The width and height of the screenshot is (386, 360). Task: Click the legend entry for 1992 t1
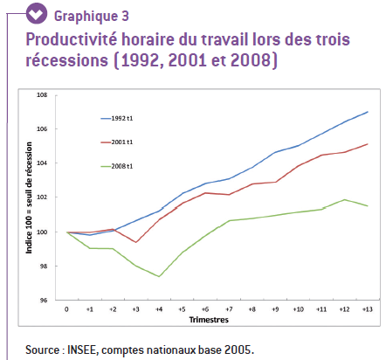117,119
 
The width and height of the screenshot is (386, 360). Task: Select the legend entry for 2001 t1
117,142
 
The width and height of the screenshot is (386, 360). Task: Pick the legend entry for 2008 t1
117,166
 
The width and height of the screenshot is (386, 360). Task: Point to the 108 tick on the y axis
42,95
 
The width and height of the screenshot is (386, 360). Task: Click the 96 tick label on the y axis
44,300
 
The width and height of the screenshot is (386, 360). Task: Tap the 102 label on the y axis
42,197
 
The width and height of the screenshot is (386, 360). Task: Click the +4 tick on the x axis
159,309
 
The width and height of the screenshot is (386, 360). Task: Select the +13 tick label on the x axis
368,309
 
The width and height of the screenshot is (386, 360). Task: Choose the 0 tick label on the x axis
66,309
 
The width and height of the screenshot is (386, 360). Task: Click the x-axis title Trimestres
209,320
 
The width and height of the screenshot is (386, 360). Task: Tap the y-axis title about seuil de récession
29,197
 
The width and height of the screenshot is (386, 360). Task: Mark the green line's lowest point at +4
159,276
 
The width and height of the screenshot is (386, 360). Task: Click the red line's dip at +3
136,242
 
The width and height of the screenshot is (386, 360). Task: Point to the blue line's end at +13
368,112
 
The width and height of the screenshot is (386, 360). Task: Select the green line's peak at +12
345,199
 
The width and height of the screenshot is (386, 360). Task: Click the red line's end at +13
368,144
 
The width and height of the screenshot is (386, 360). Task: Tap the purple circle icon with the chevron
37,13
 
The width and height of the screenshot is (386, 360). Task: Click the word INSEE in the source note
83,350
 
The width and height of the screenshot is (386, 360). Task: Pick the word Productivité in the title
72,39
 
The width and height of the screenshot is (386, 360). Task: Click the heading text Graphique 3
92,17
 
